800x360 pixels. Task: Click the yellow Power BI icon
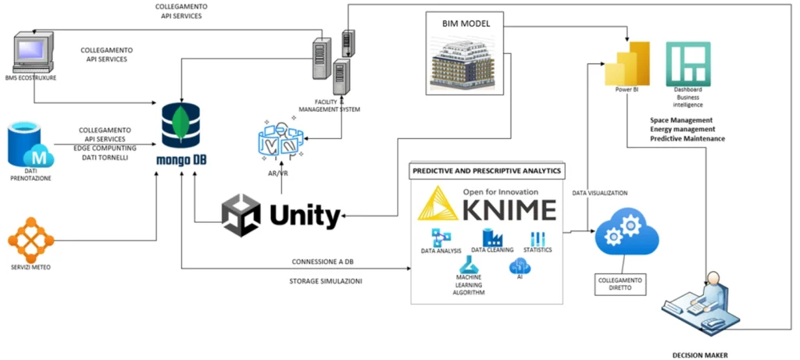(x=627, y=64)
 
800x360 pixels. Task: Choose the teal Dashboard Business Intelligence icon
(x=688, y=64)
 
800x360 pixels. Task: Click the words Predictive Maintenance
(x=687, y=138)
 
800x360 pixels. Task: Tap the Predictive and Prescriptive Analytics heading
(x=487, y=171)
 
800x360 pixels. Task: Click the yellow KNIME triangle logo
(x=438, y=203)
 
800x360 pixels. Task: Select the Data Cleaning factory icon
(x=494, y=237)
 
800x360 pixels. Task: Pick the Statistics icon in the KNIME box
(x=537, y=239)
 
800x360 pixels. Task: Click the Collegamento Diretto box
(x=620, y=284)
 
